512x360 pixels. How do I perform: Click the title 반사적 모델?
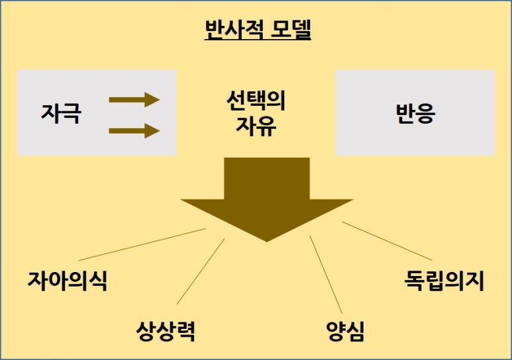click(258, 30)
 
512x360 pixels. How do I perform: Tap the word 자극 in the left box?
click(61, 113)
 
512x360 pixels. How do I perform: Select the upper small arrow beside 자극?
click(134, 99)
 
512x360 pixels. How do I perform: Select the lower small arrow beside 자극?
click(134, 131)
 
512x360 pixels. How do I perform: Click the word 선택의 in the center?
click(256, 101)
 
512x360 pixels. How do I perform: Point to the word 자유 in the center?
click(256, 126)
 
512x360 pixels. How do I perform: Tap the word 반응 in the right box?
click(415, 113)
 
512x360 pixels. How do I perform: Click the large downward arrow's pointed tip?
click(267, 242)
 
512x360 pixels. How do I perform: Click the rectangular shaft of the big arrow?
click(267, 179)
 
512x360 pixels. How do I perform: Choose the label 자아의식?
click(68, 281)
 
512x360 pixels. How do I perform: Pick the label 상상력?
click(166, 332)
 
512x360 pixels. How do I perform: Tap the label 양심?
click(345, 332)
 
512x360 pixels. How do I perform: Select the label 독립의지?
click(444, 281)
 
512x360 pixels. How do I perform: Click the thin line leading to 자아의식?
click(142, 244)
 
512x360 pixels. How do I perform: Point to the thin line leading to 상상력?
click(201, 271)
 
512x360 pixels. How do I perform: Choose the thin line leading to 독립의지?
click(387, 241)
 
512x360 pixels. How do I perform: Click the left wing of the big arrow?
click(209, 206)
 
